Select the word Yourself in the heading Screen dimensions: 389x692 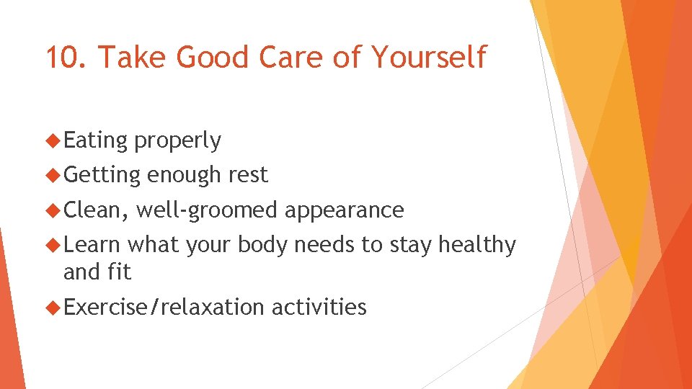coord(430,57)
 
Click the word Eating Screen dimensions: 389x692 coord(95,141)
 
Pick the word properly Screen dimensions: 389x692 coord(177,141)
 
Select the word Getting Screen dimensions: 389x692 coord(102,175)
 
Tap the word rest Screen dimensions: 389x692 coord(247,175)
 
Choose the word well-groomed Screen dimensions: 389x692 coord(206,210)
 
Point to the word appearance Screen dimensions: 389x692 coord(344,210)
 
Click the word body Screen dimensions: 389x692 coord(262,246)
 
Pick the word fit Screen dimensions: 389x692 coord(120,272)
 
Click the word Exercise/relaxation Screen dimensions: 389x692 coord(164,308)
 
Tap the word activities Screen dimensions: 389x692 coord(319,308)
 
